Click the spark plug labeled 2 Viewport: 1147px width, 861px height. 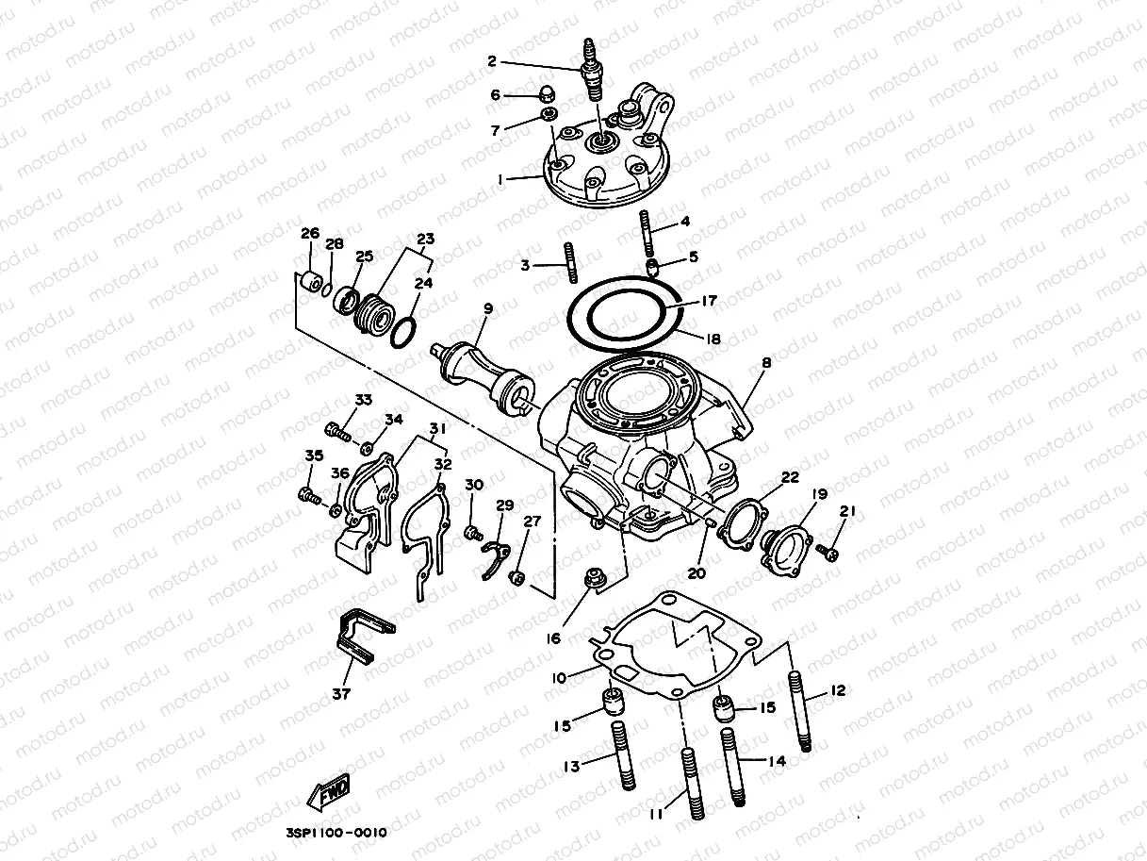tap(592, 71)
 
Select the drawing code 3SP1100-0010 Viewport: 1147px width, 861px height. tap(336, 833)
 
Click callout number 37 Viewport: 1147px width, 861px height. tap(340, 694)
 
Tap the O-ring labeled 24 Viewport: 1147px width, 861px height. tap(402, 333)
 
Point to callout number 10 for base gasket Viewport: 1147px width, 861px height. tap(559, 677)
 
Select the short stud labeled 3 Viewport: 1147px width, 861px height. tap(570, 262)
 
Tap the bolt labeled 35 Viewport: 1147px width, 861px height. tap(307, 493)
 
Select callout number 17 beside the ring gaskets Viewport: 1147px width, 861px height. tap(708, 301)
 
